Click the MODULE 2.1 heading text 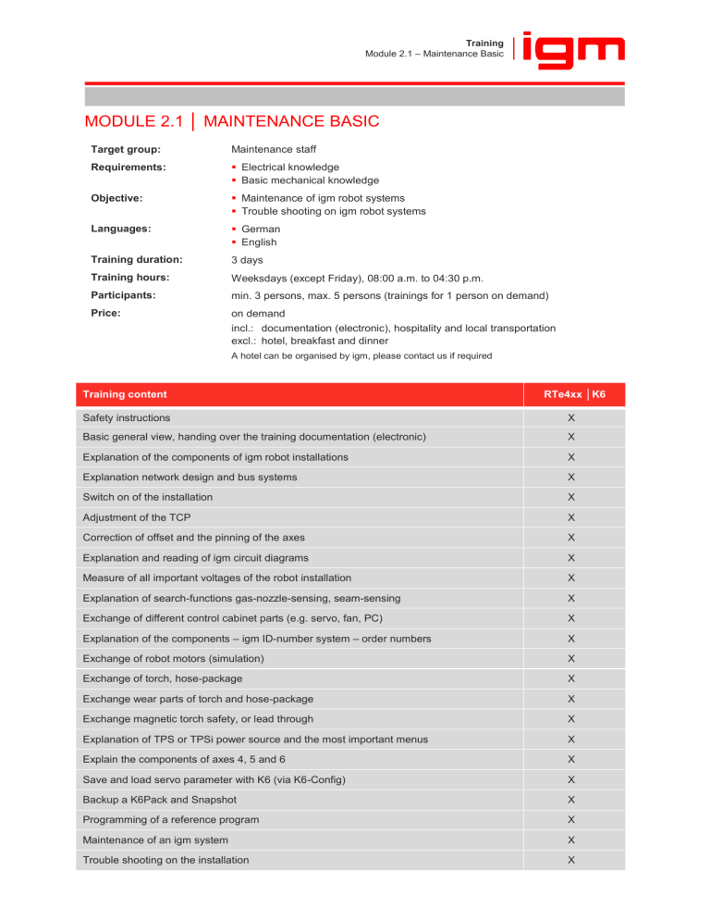pos(232,121)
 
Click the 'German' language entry pos(263,229)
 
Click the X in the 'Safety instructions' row pos(571,417)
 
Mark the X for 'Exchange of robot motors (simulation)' pos(571,659)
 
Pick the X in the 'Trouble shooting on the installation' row pos(571,860)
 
